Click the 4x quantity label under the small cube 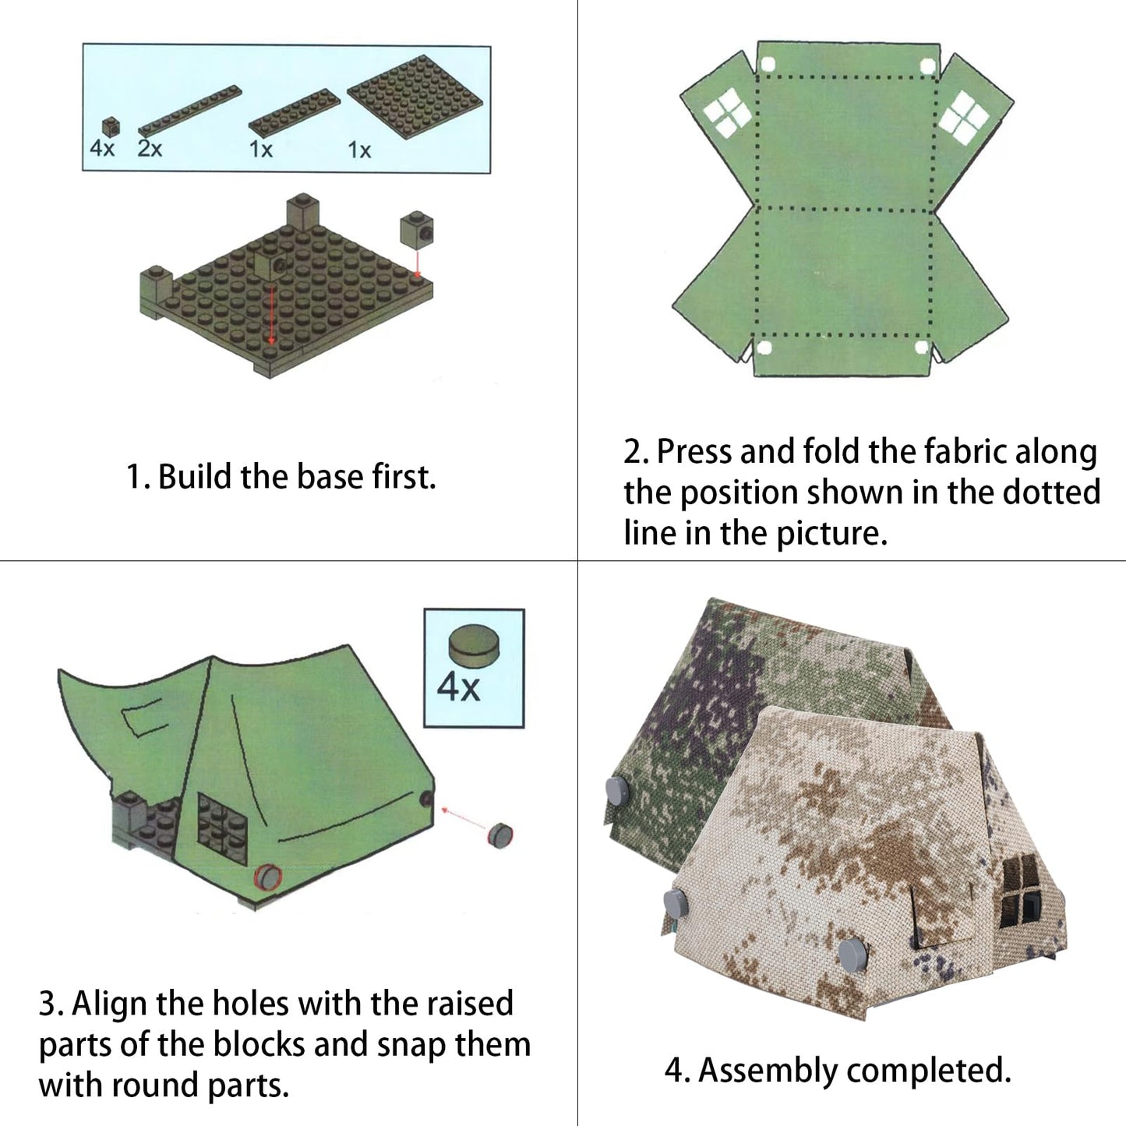(x=102, y=148)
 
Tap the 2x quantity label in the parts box (x=150, y=148)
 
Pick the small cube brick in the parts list (x=111, y=126)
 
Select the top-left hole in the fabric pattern (x=767, y=65)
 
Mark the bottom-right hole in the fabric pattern (x=921, y=347)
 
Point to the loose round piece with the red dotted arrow (x=499, y=835)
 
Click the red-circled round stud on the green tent (x=267, y=876)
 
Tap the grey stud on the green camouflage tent (x=616, y=792)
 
